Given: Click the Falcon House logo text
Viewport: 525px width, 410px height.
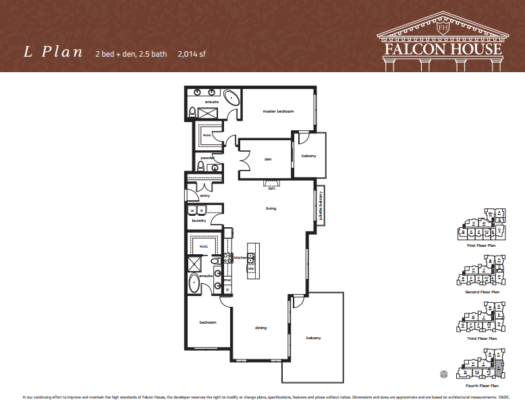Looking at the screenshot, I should (443, 49).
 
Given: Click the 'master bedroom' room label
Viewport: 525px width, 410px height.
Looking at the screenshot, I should (278, 111).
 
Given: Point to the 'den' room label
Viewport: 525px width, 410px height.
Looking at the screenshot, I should (268, 160).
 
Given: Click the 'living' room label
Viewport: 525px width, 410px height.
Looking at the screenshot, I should (271, 208).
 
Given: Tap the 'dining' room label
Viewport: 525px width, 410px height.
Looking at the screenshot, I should (260, 328).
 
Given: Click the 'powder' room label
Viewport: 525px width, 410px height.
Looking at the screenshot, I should (207, 158).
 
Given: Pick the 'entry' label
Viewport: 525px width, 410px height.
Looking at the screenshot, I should (205, 196).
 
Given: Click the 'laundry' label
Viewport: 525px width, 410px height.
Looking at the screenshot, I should (198, 220).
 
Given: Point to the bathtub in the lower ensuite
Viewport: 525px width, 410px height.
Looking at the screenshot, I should (194, 283).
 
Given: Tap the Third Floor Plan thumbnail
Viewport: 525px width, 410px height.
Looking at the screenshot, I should (482, 321).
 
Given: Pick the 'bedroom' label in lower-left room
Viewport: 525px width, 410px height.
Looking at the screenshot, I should (208, 322).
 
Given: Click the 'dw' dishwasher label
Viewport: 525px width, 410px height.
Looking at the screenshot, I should (250, 268).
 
